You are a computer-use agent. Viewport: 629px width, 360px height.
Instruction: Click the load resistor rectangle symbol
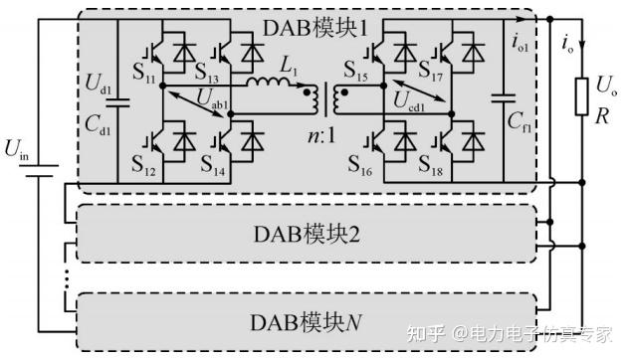coord(583,97)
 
